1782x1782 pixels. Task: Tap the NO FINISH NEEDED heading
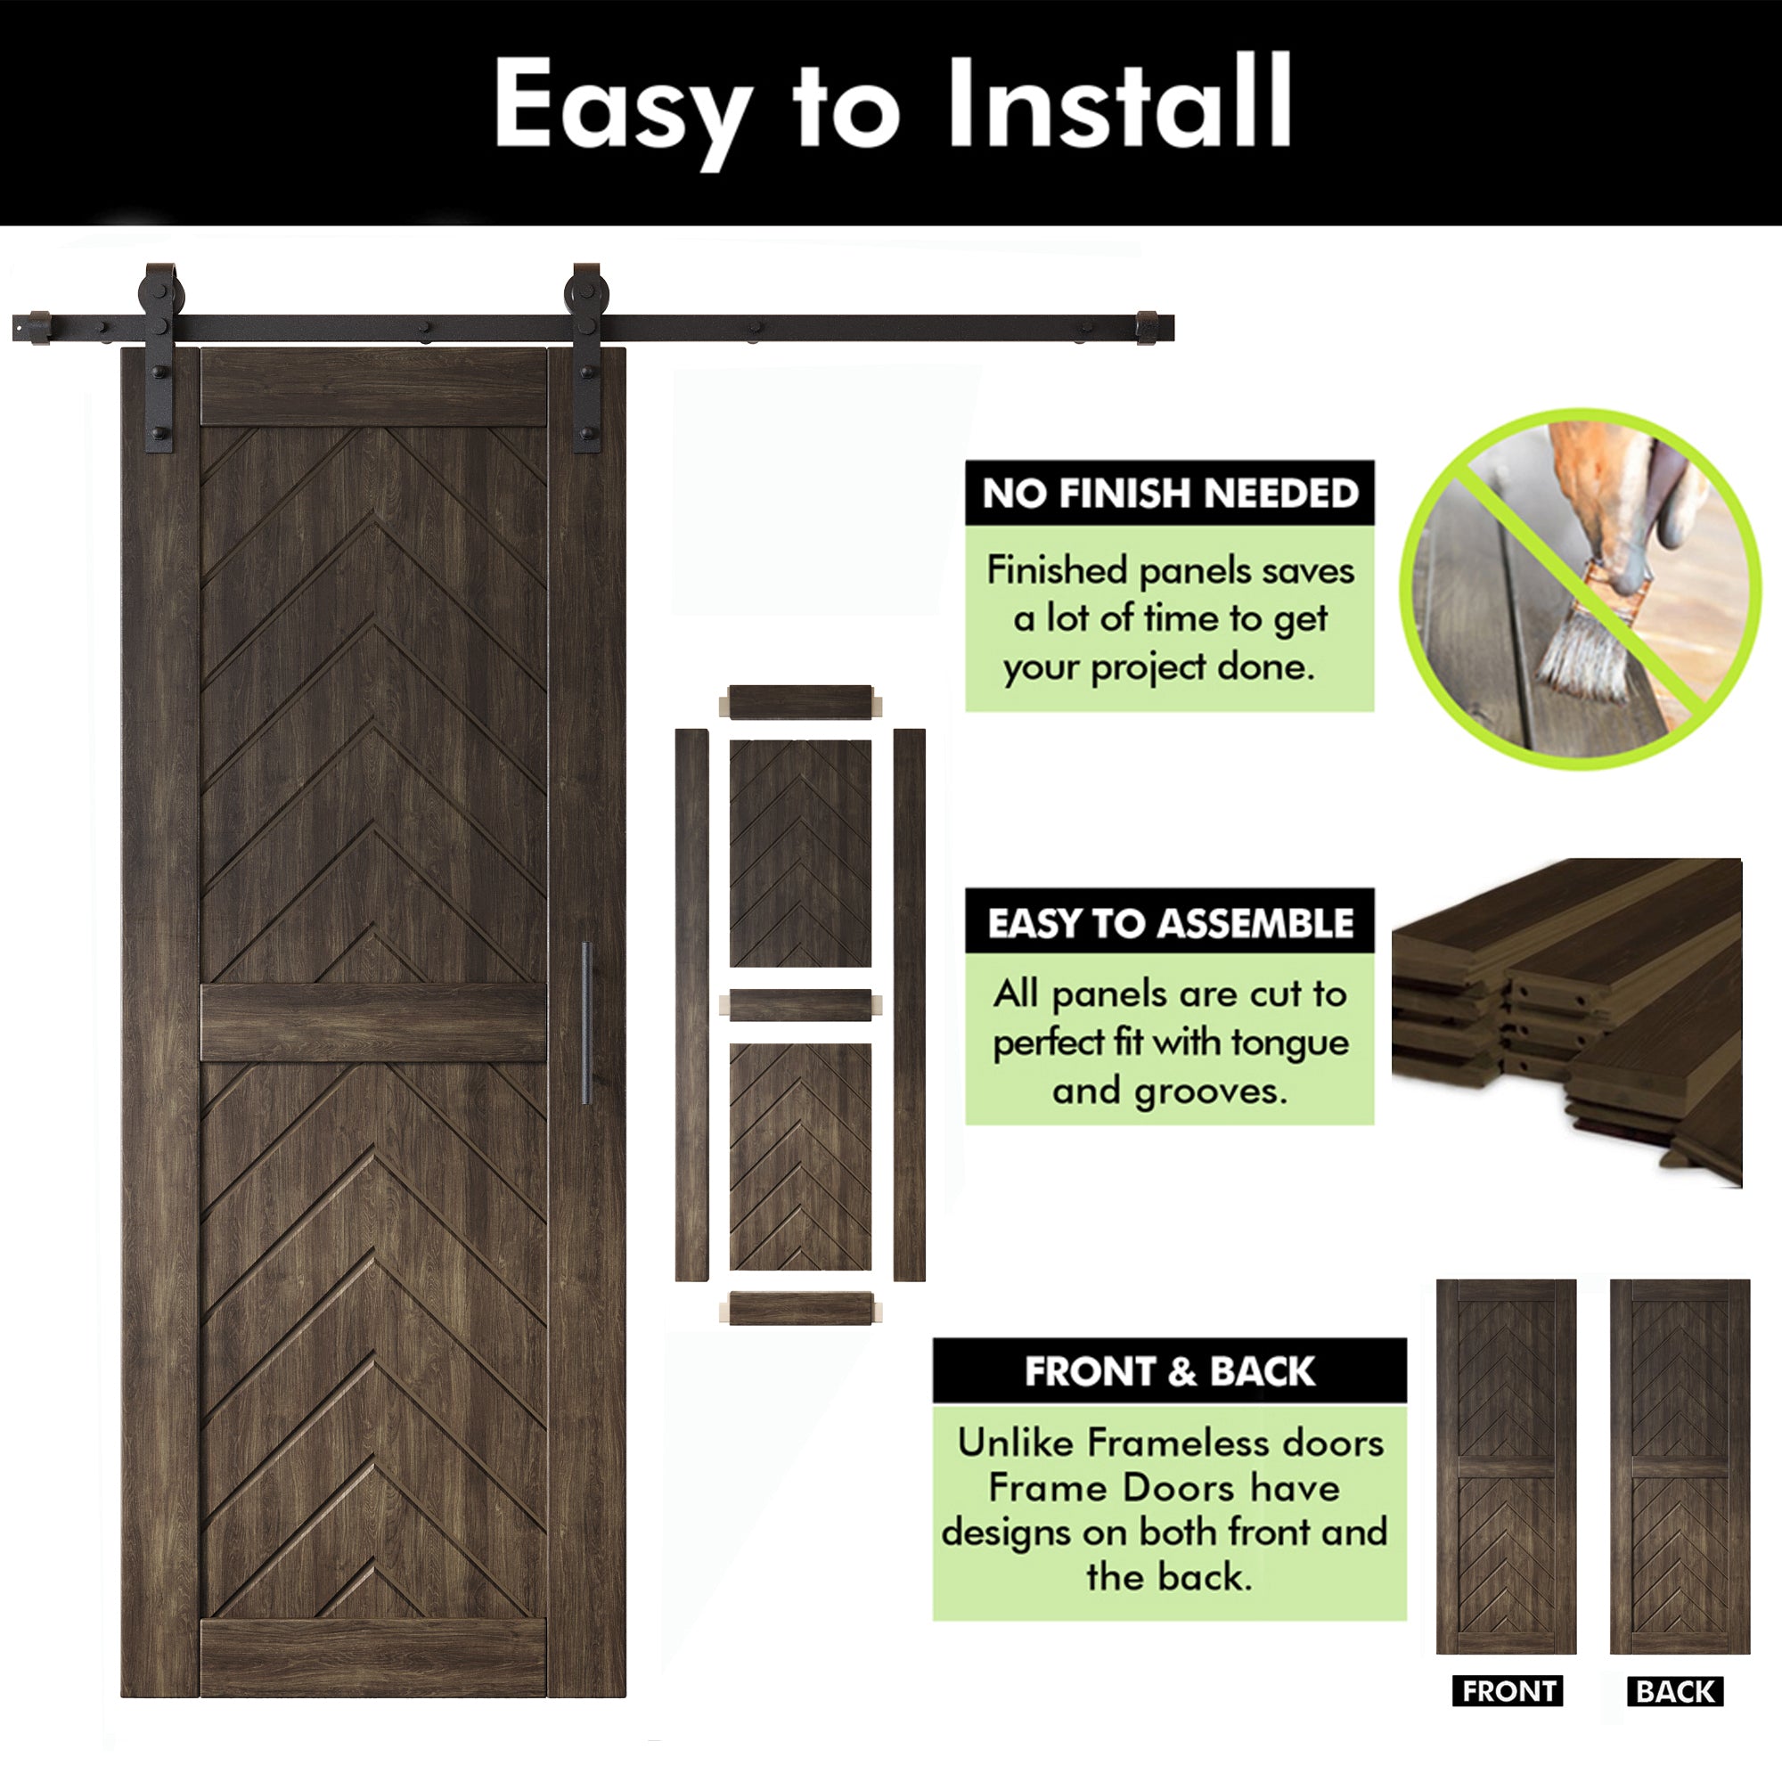[1170, 494]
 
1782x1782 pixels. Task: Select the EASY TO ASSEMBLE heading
[1170, 922]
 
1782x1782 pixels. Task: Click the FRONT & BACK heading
[1169, 1371]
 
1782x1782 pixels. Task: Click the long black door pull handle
[585, 1023]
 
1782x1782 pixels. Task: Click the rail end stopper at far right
[1148, 329]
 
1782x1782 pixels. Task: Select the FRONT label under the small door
[1508, 1691]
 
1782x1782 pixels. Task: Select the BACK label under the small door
[1675, 1691]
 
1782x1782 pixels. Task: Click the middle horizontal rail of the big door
[373, 1023]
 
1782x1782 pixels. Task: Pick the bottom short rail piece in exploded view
[800, 1308]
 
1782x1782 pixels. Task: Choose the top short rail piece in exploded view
[800, 703]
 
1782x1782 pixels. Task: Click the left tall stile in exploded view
[691, 1004]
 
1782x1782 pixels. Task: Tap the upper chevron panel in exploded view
[800, 853]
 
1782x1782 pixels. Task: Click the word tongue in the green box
[1289, 1042]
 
